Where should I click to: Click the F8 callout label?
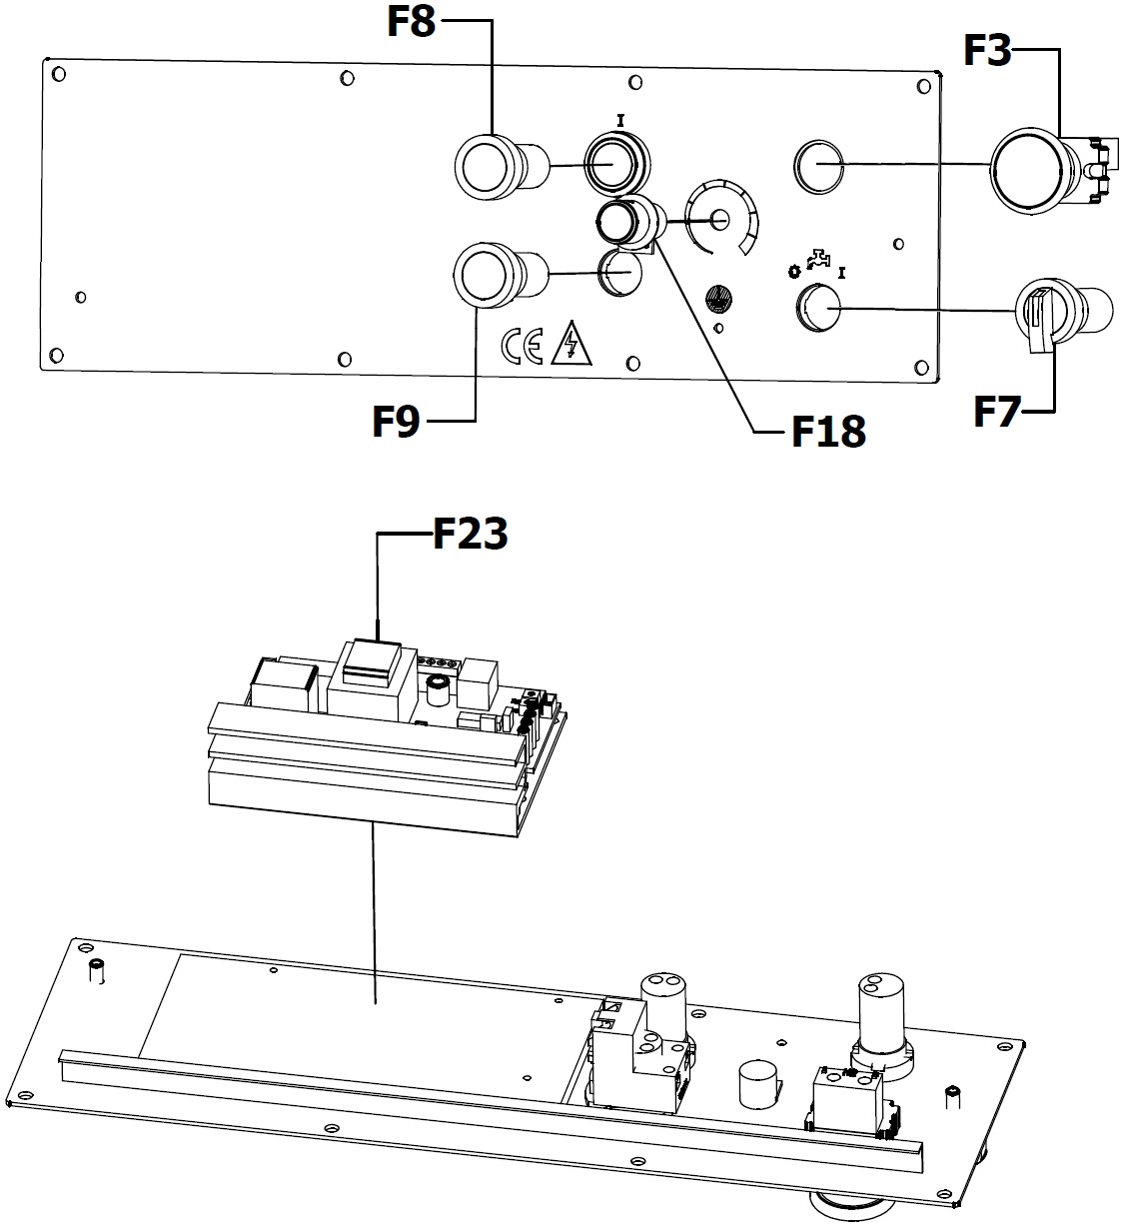pos(412,22)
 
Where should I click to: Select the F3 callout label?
pos(987,50)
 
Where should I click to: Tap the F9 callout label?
pos(396,421)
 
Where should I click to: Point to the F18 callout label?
pos(829,432)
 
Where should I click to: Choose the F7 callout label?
pos(997,412)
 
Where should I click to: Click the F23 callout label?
pos(470,534)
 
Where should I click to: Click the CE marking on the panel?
pos(523,346)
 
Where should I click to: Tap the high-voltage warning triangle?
pos(570,344)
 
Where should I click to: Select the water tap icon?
pos(819,259)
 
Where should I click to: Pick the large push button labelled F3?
pos(1031,170)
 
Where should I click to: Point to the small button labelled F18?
pos(629,222)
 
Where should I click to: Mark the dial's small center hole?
pos(720,219)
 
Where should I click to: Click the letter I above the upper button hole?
pos(621,121)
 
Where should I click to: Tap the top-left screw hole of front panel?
pos(59,74)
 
